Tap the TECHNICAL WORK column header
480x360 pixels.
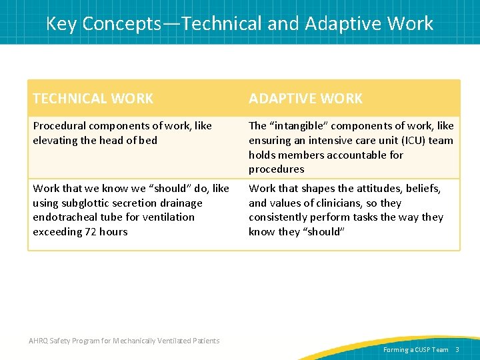click(93, 99)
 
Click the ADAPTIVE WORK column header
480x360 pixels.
click(305, 99)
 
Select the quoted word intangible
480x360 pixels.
click(298, 126)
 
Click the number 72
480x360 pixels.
click(91, 231)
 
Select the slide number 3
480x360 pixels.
click(457, 349)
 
